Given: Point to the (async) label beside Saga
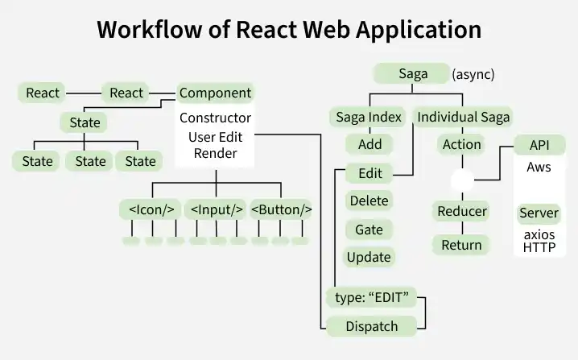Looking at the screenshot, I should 473,75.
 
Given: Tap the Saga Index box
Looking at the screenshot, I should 368,118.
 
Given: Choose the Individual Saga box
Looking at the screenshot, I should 463,118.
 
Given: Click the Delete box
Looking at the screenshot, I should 368,201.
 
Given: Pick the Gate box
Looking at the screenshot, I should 368,230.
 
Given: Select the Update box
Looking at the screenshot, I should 368,258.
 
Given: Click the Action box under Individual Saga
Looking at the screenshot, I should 462,145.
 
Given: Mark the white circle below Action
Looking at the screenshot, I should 462,180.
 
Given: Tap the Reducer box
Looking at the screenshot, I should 462,212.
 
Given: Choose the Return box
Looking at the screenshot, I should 462,245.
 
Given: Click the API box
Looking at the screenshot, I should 539,145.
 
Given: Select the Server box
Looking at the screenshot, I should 539,213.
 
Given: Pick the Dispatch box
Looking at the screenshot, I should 372,326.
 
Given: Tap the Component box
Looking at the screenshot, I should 215,93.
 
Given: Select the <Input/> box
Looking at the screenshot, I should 217,210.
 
